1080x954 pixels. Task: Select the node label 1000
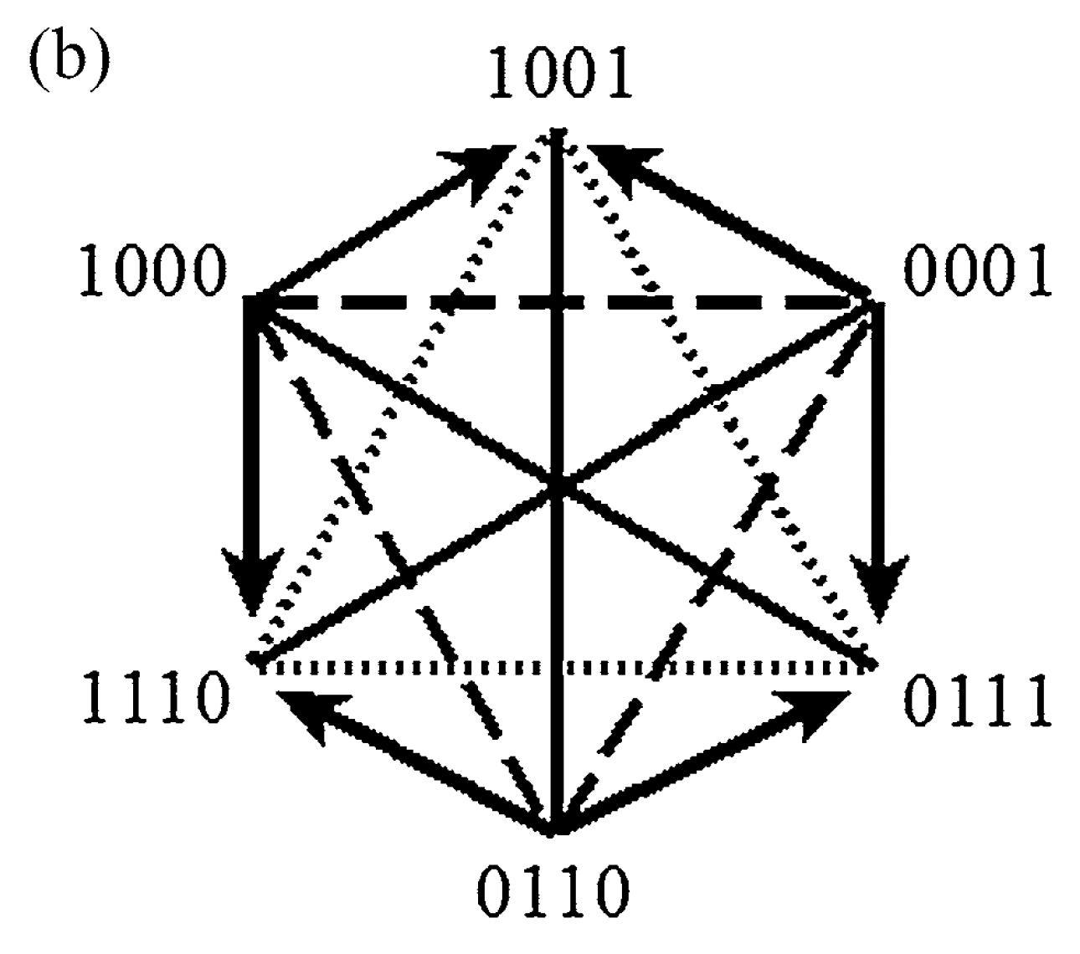point(154,274)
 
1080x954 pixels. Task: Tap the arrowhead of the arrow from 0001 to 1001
point(621,163)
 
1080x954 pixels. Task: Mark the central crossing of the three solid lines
point(558,485)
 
